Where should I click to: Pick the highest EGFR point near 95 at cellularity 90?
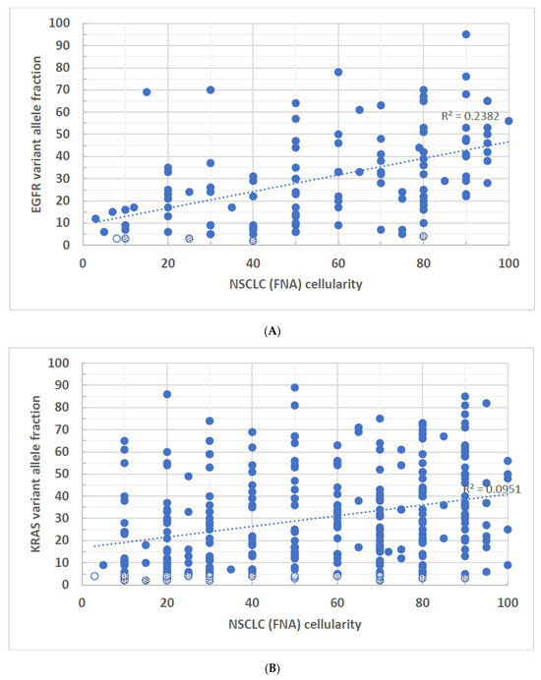point(465,34)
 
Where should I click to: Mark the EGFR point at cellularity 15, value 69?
point(147,92)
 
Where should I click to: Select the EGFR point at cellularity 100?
point(509,121)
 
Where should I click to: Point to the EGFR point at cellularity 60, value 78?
point(338,72)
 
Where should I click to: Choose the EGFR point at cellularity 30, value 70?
point(210,89)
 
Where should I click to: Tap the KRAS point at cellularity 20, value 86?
point(167,394)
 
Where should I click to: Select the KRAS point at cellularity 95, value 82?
point(486,403)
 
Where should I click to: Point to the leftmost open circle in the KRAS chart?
point(94,576)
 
